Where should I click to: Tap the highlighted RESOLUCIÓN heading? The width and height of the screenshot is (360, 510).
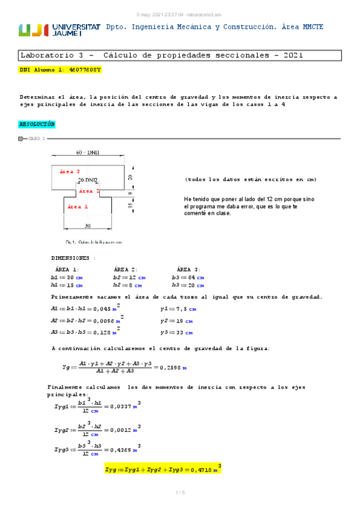(x=37, y=124)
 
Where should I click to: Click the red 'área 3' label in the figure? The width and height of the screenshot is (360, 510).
(x=70, y=171)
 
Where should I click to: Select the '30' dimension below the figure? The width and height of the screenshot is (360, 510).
(x=87, y=227)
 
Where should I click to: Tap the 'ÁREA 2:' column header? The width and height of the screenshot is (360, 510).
(x=126, y=269)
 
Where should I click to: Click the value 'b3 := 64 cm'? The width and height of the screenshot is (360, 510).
(x=187, y=278)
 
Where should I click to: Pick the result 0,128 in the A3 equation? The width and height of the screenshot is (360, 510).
(x=103, y=331)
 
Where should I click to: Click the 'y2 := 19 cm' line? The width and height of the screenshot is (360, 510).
(x=177, y=321)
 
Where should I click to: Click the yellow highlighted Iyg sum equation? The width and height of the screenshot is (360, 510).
(x=162, y=470)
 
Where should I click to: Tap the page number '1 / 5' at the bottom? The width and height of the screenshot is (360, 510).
(x=180, y=494)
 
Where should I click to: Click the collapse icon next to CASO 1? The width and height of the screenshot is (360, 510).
(x=21, y=139)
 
